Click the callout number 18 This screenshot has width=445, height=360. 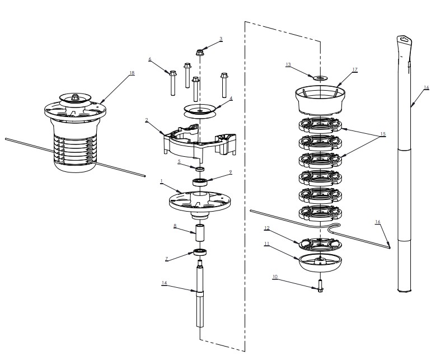tap(132, 73)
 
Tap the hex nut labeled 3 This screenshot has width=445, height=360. tap(200, 53)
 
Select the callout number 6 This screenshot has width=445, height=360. tap(150, 59)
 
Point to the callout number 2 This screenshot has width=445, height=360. tap(147, 120)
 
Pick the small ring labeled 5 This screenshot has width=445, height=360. tap(199, 168)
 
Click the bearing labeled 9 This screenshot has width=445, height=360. tap(200, 181)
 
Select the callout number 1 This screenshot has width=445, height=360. tap(161, 182)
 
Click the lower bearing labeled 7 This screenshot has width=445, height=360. tap(199, 251)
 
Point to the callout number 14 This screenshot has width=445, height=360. tap(164, 283)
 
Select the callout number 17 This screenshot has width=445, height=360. tap(355, 70)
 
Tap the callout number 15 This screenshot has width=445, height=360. tap(383, 134)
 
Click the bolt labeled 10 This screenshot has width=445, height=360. tap(321, 287)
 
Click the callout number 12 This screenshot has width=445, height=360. tap(267, 228)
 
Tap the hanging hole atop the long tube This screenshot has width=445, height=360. tap(404, 39)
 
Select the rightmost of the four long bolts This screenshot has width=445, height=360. tap(224, 85)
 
